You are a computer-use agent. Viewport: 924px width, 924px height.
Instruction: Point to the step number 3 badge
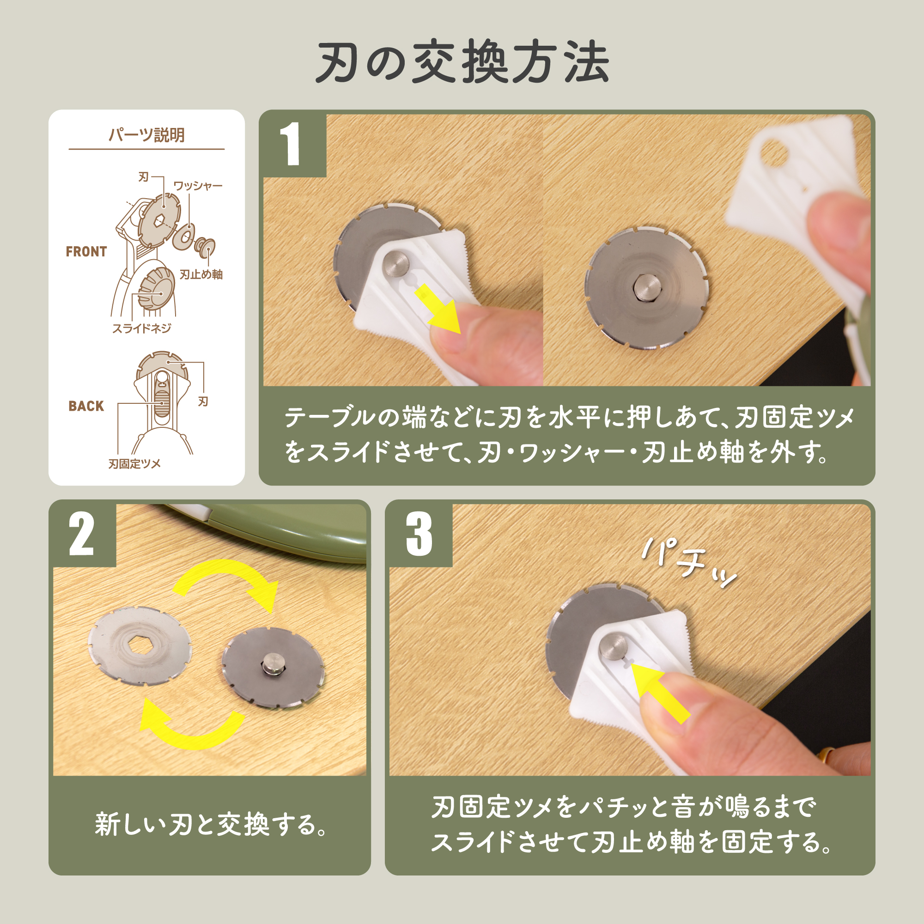click(419, 534)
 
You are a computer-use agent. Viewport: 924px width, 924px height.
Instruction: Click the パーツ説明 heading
click(146, 135)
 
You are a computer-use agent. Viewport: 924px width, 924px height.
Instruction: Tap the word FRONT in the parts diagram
click(86, 252)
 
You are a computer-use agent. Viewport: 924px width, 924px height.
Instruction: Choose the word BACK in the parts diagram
click(86, 406)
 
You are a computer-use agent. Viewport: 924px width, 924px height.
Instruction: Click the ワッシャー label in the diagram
click(198, 186)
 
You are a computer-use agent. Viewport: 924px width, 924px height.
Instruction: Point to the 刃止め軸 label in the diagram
click(201, 274)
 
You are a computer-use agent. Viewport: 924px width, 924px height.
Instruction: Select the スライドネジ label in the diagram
click(141, 328)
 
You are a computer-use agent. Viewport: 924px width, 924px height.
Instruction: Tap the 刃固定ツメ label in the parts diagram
click(134, 463)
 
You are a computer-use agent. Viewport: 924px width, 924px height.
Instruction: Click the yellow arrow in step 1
click(438, 309)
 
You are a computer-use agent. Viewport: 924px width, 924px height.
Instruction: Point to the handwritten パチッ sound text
click(689, 563)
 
